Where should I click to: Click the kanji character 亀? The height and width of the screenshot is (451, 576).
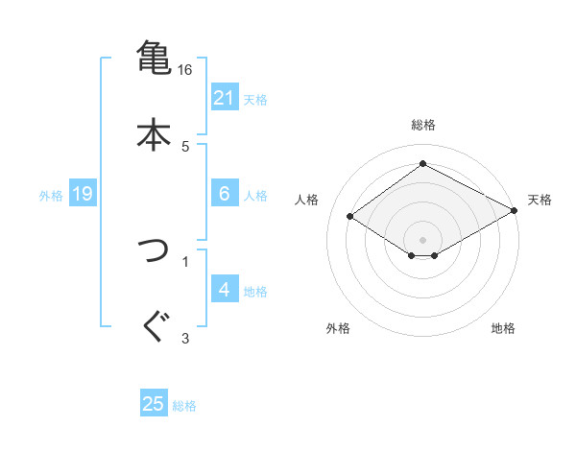[x=154, y=57]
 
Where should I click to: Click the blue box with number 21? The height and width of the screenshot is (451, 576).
[x=224, y=97]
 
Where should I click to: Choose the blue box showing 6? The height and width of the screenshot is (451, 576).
[x=224, y=193]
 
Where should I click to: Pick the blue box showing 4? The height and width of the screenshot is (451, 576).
[x=224, y=289]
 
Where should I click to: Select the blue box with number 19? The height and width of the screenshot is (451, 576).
[x=83, y=194]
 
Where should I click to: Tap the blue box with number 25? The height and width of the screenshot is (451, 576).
[x=154, y=404]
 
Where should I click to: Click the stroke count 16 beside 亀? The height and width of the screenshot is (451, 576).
[x=185, y=70]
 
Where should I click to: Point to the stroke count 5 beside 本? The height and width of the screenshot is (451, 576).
[x=185, y=146]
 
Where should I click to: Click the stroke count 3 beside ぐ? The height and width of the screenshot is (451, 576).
[x=185, y=337]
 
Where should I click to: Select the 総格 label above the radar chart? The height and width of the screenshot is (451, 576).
[x=423, y=125]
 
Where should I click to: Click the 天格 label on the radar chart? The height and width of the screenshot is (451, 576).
[x=540, y=200]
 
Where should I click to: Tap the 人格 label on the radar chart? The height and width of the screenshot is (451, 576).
[x=307, y=200]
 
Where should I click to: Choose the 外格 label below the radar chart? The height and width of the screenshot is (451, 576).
[x=338, y=328]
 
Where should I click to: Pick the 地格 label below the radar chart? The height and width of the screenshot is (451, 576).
[x=503, y=328]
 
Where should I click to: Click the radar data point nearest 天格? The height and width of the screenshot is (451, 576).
[x=515, y=211]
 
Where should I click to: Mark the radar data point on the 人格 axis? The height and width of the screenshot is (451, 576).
[x=350, y=216]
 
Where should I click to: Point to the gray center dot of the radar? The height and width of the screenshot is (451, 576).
[x=422, y=239]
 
